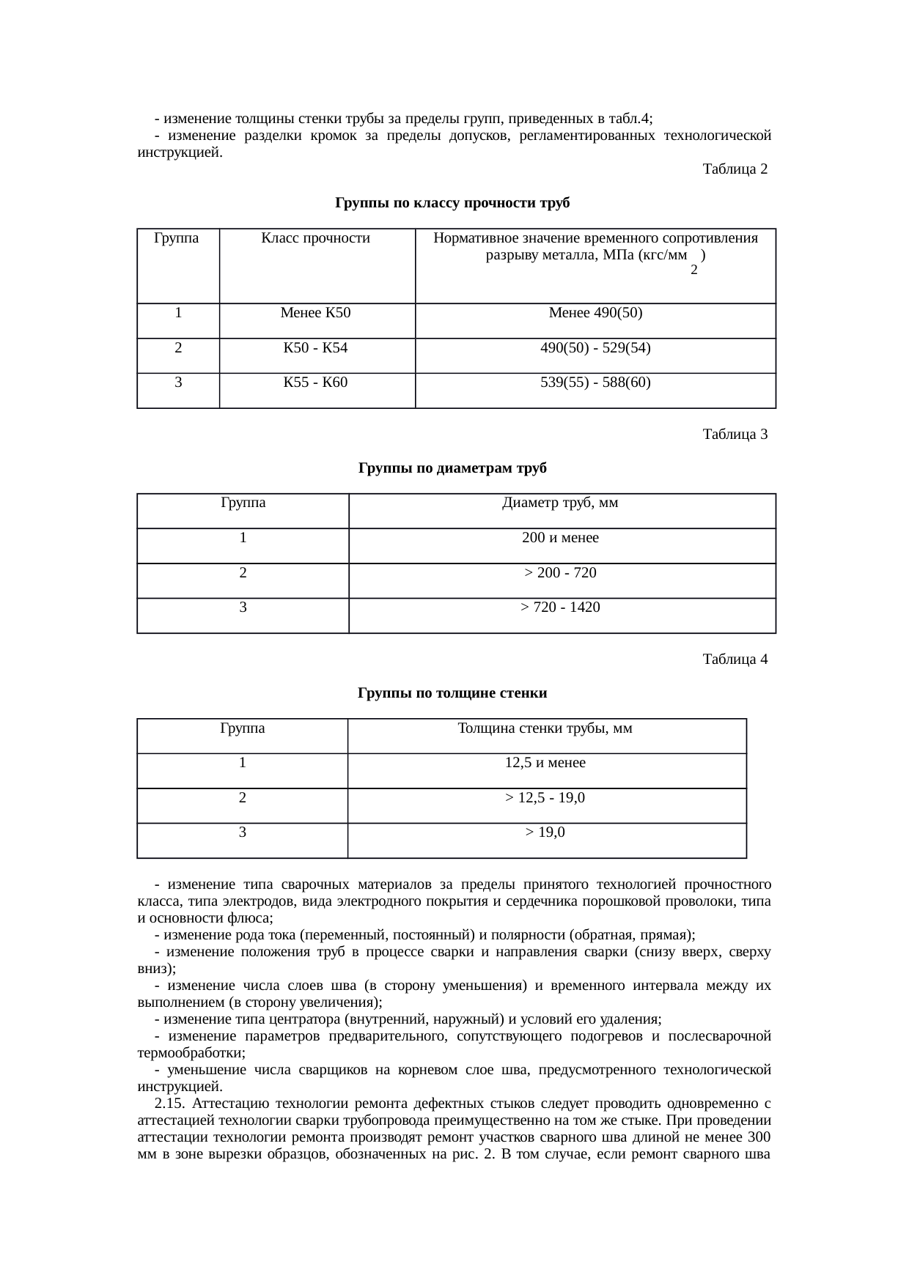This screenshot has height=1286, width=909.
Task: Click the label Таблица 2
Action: pos(735,170)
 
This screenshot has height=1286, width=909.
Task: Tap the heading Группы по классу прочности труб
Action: pos(452,203)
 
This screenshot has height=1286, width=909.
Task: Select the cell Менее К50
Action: pos(316,314)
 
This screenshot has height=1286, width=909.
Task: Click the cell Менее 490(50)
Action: pos(595,314)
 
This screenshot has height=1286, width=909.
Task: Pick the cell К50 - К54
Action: pos(316,348)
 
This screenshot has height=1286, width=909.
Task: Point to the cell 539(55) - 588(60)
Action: pos(595,383)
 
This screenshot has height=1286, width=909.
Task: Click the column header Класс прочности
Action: pos(316,238)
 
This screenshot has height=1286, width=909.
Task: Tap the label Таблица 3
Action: pos(735,435)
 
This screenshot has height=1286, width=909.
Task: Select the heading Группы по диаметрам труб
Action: pos(452,468)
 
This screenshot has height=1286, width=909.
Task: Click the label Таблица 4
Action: pos(735,659)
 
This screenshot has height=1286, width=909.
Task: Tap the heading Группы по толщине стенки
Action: pos(452,693)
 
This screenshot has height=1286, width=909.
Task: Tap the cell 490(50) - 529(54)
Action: pos(595,348)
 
